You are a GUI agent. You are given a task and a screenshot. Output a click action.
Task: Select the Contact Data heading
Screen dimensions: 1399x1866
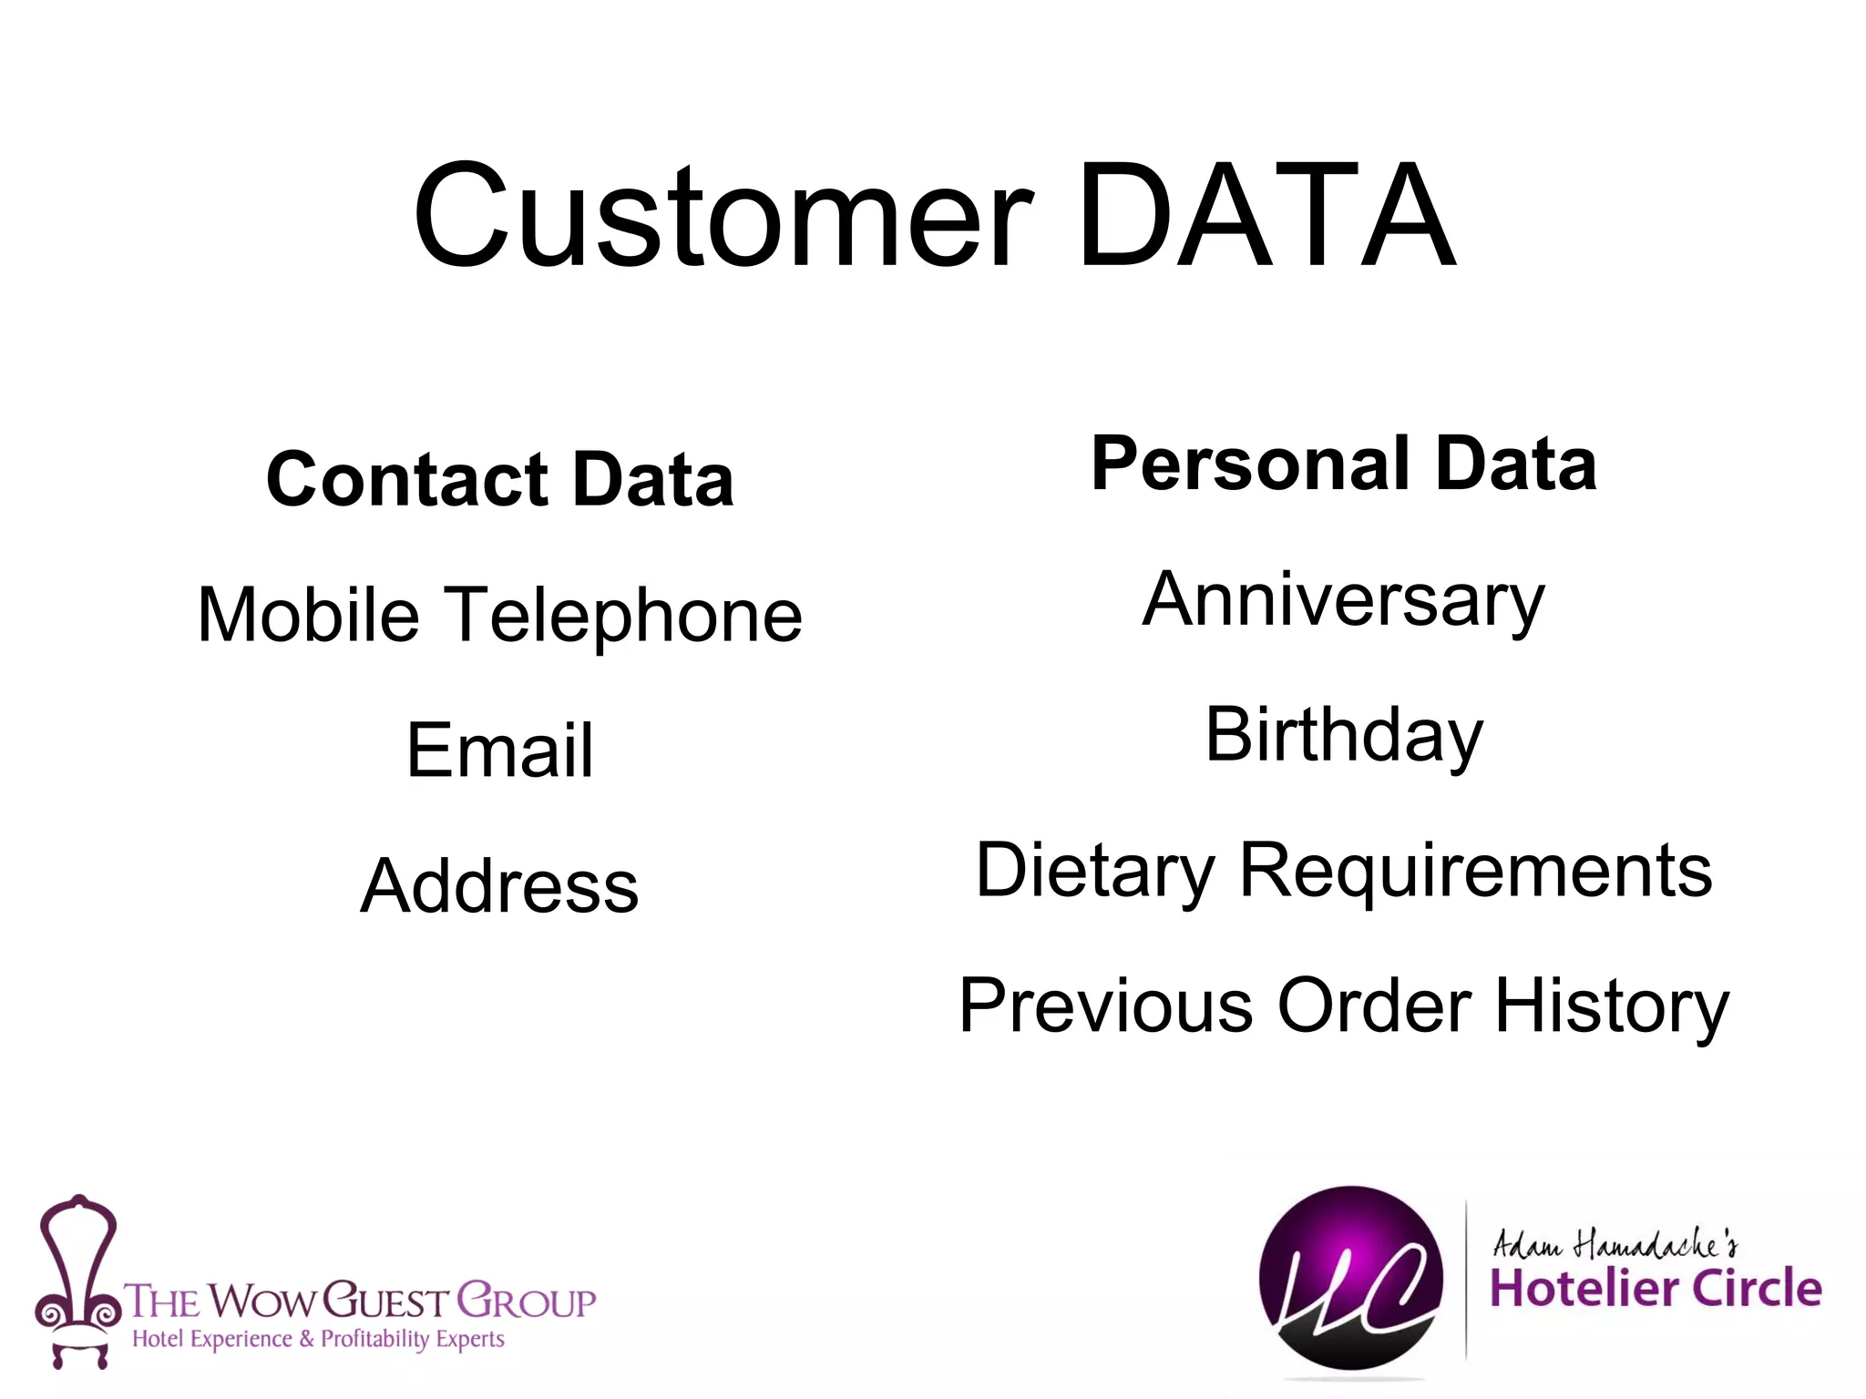click(499, 479)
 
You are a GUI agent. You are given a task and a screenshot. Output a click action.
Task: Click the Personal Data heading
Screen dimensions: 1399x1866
click(1344, 464)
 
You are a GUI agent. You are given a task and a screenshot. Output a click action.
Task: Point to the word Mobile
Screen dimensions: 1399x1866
click(308, 615)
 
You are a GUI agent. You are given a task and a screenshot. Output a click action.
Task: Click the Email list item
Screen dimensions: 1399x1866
click(499, 751)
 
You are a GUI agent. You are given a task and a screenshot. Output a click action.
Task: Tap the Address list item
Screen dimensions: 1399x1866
click(499, 886)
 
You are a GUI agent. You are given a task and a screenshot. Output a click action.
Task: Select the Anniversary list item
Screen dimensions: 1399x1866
click(1344, 600)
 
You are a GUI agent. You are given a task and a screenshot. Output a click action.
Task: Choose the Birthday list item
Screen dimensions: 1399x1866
click(1344, 736)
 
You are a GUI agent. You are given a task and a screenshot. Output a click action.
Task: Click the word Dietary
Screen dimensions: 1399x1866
click(1094, 871)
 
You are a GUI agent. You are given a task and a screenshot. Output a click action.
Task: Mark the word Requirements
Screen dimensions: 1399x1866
click(1476, 871)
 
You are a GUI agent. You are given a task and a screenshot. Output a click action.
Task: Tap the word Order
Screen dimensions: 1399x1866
click(1374, 1006)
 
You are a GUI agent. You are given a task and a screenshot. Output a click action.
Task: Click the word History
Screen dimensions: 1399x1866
click(1611, 1007)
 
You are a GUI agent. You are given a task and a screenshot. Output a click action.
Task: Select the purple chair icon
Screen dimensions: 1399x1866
click(78, 1280)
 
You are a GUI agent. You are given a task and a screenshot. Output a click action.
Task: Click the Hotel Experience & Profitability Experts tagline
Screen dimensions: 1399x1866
click(318, 1339)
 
